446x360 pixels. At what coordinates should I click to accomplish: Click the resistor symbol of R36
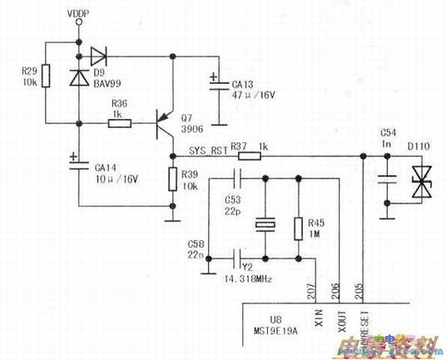coord(119,125)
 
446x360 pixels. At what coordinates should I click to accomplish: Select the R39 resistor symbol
coord(172,179)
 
